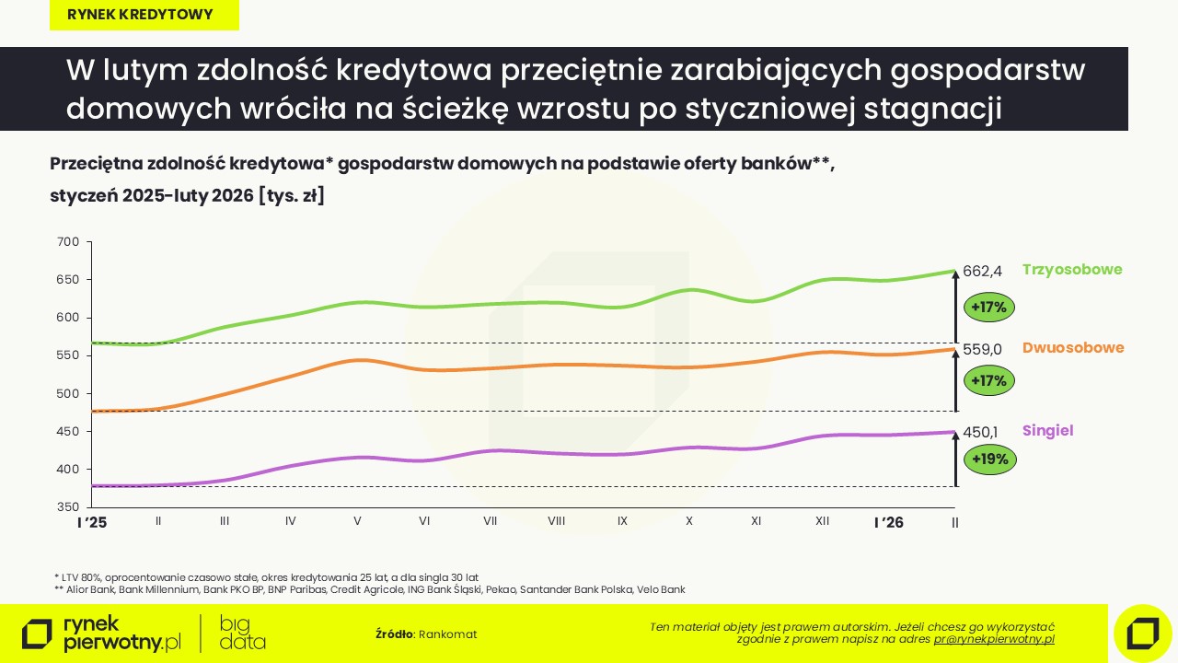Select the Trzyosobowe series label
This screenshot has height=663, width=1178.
point(1072,270)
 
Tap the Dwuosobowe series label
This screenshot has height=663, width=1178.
point(1073,348)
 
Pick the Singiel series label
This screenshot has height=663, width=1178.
point(1048,431)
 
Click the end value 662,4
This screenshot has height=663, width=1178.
point(982,271)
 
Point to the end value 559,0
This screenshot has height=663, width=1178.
point(982,349)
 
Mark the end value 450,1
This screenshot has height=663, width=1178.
point(980,432)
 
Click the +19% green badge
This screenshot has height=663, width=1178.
point(989,459)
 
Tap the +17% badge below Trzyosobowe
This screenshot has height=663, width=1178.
point(989,307)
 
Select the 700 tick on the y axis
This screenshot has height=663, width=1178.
point(69,242)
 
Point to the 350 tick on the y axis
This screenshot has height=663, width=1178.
point(69,507)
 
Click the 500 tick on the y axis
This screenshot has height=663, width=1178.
point(69,394)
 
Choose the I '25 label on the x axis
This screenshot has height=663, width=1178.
point(91,522)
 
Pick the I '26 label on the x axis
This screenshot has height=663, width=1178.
point(889,522)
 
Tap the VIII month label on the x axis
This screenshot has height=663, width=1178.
point(556,521)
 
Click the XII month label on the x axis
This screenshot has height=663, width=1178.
point(822,521)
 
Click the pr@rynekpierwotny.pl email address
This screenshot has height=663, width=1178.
point(994,639)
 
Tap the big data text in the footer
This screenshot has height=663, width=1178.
point(243,633)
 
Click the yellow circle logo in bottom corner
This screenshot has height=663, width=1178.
point(1142,633)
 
